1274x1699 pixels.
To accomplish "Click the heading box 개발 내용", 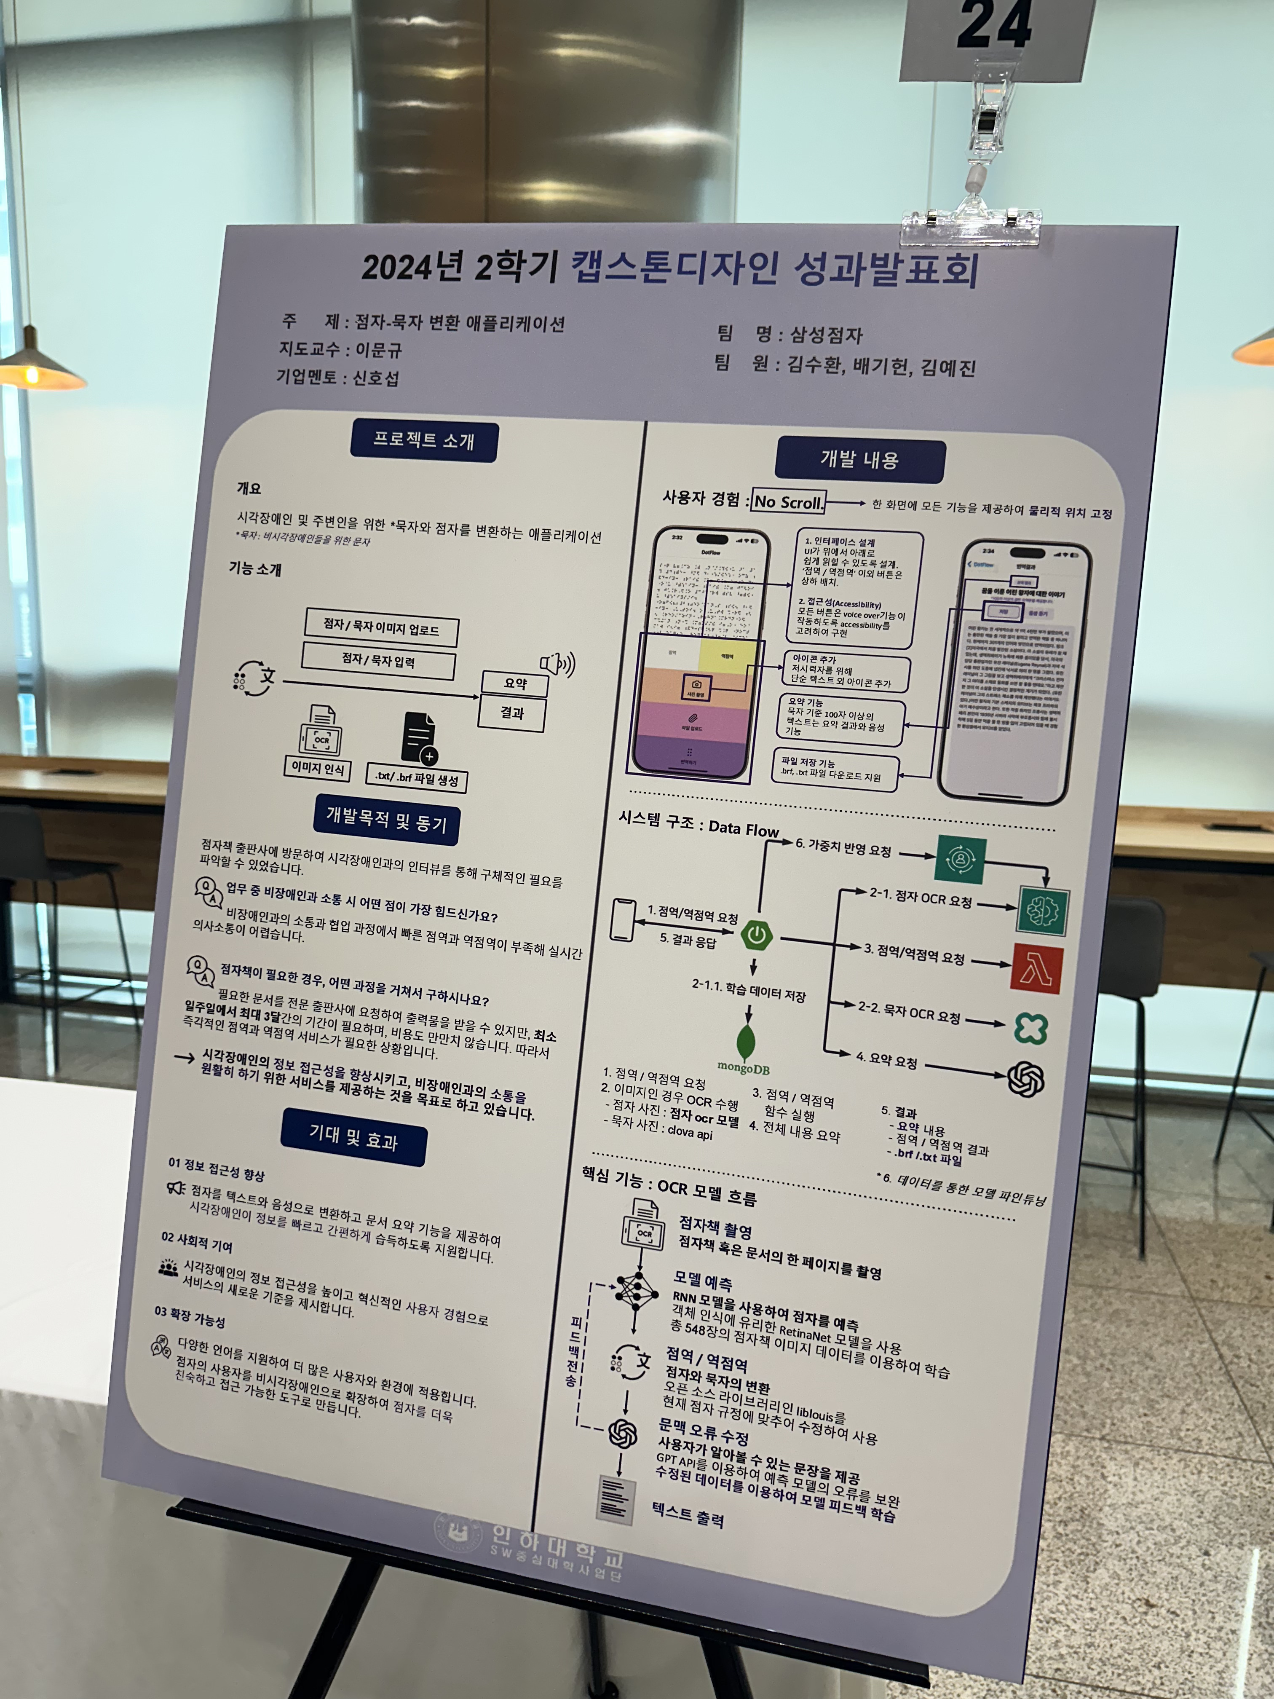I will pos(859,459).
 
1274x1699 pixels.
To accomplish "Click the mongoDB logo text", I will pos(743,1068).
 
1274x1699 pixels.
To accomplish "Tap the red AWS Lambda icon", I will pos(1038,969).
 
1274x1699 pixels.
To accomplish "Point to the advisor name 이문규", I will pos(378,350).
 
